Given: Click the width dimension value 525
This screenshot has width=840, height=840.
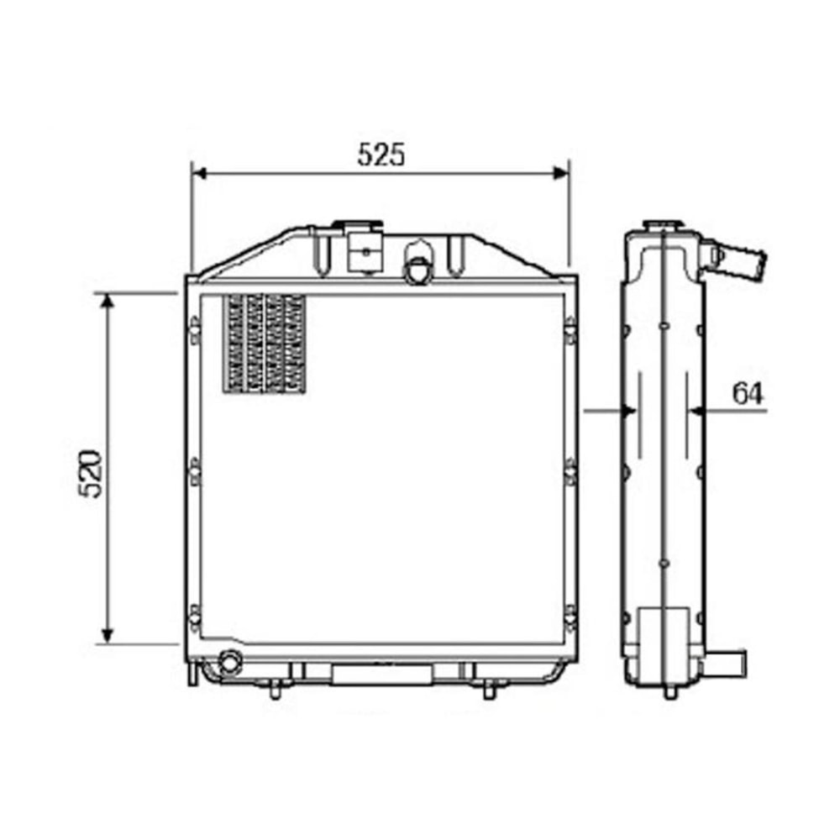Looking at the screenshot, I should point(381,155).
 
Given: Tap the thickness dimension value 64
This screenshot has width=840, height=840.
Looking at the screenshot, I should point(748,393).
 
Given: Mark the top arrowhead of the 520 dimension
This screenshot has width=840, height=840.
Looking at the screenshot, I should point(107,301).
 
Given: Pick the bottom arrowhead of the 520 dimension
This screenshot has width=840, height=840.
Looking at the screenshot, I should point(107,636).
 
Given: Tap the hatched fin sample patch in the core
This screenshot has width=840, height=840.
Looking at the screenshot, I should point(264,344).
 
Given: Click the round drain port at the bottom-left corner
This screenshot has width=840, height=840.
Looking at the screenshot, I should point(228,662).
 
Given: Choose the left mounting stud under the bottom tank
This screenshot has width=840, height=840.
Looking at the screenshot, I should point(275,690).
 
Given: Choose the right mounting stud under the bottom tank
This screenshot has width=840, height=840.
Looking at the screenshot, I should point(490,690).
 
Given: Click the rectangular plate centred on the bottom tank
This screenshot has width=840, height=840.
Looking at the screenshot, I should point(382,674).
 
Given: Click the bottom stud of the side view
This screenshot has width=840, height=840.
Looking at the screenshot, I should point(669,693).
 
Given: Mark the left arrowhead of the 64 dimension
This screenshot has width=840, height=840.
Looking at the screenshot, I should point(629,411).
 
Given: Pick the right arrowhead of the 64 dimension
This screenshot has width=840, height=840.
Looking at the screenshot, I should point(696,411).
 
